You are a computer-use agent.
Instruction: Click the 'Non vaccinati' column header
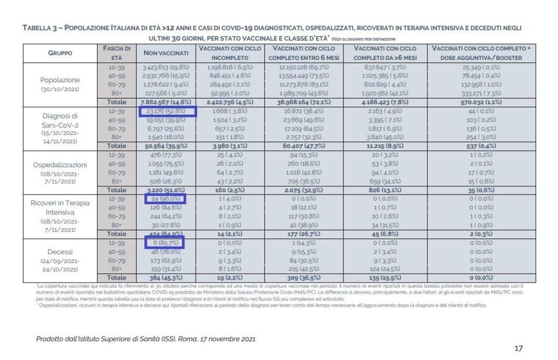click(166, 53)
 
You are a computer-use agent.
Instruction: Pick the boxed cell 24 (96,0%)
click(166, 199)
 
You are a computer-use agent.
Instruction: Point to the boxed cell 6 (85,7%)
click(166, 242)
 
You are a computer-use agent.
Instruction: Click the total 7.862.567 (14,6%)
click(166, 102)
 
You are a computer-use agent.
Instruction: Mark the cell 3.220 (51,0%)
click(166, 190)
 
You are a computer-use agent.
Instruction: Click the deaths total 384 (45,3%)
click(166, 278)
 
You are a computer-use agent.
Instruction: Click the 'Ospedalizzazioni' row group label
click(60, 164)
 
